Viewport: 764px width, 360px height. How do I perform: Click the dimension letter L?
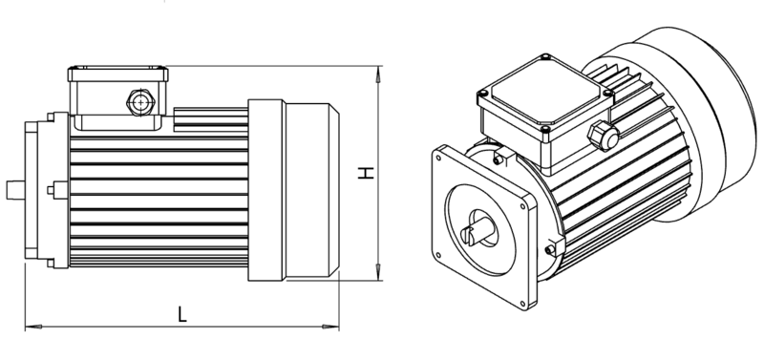coord(181,314)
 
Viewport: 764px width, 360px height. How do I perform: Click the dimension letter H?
coord(366,173)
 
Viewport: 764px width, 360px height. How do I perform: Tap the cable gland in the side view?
coord(140,103)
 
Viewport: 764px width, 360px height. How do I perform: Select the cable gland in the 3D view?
coord(603,136)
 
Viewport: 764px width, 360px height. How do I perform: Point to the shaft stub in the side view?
coord(15,190)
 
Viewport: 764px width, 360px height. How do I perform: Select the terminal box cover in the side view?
coord(117,74)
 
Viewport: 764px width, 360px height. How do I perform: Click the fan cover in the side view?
coord(294,190)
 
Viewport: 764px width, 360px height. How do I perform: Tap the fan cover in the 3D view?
coord(682,122)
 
